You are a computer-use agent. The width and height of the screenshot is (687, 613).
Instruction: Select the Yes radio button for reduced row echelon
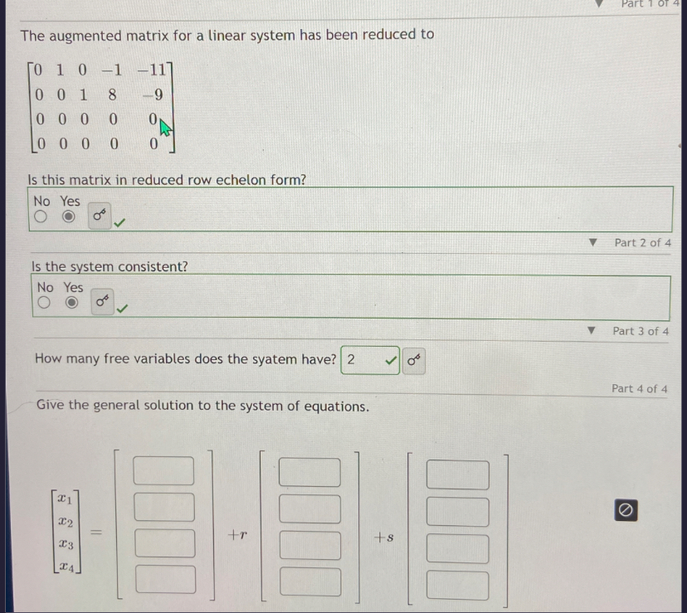pos(71,218)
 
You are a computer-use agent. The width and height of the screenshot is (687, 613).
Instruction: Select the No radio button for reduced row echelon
pos(40,218)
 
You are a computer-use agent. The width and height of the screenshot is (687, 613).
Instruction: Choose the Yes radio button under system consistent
pos(74,304)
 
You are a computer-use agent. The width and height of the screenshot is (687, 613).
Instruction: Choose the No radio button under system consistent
pos(43,304)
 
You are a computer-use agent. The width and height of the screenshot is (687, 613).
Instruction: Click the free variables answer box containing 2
pos(362,360)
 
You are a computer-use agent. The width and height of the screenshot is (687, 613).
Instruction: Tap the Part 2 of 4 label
pos(641,243)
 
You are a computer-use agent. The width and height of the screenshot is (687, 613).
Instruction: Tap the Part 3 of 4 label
pos(640,331)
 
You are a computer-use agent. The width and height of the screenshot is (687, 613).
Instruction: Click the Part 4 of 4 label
pos(639,388)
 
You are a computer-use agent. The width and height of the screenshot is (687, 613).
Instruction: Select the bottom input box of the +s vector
pos(458,584)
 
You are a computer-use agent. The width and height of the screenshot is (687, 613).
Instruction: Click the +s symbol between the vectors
pos(383,538)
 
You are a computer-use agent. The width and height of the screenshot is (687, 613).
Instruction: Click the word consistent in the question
pos(154,266)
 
